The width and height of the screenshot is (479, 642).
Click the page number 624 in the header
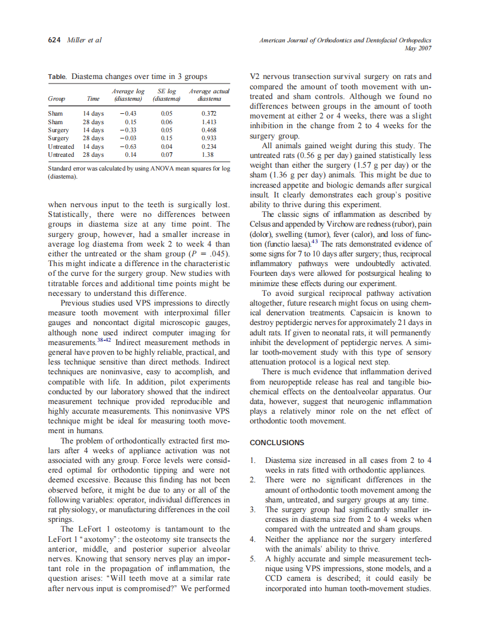[54, 40]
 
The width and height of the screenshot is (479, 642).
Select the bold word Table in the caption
[57, 77]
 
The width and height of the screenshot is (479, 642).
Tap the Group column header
[56, 99]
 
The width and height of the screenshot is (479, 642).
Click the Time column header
[93, 99]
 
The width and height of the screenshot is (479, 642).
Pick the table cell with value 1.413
[208, 122]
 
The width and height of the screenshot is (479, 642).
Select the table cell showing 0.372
[208, 114]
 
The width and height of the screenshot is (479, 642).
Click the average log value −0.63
[127, 146]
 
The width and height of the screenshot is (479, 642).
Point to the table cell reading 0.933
[208, 138]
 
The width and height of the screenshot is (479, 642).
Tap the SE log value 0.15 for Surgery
[166, 138]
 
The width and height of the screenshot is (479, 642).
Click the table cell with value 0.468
[208, 130]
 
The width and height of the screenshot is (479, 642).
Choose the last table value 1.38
[208, 154]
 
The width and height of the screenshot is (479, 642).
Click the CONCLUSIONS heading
[277, 442]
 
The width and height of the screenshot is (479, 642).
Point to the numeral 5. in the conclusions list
[253, 558]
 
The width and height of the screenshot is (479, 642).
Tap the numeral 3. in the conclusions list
[253, 509]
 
